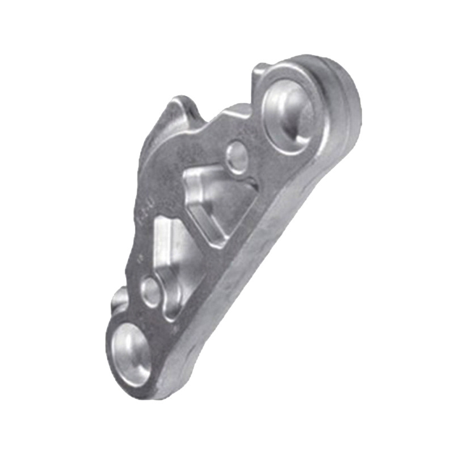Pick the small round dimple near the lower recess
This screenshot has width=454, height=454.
(x=151, y=289)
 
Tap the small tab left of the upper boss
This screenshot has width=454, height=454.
(x=258, y=71)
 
